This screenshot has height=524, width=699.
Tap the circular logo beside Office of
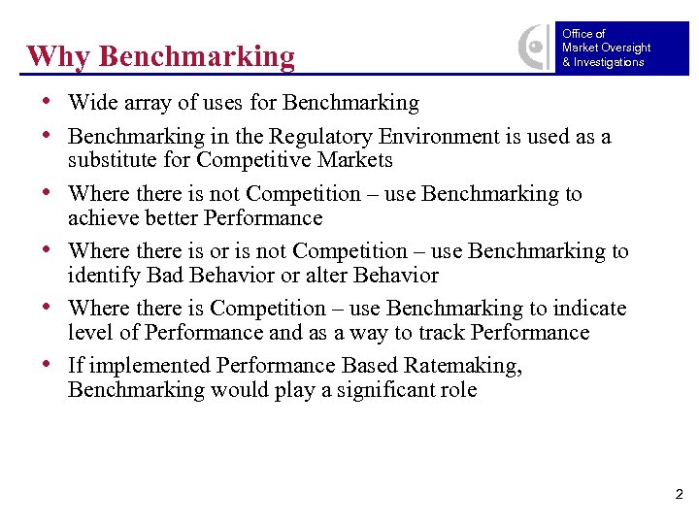pyautogui.click(x=535, y=47)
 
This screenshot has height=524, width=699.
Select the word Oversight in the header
pyautogui.click(x=626, y=48)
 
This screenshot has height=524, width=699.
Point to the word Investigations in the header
pyautogui.click(x=609, y=62)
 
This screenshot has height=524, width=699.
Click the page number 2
pyautogui.click(x=679, y=495)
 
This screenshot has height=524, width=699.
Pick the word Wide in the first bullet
pyautogui.click(x=89, y=103)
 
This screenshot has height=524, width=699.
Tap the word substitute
pyautogui.click(x=110, y=160)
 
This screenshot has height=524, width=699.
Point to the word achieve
pyautogui.click(x=102, y=218)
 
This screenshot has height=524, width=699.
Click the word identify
pyautogui.click(x=102, y=276)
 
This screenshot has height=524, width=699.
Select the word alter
pyautogui.click(x=328, y=276)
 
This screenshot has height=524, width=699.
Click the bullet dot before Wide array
pyautogui.click(x=49, y=103)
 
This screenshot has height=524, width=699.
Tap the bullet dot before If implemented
pyautogui.click(x=49, y=366)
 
